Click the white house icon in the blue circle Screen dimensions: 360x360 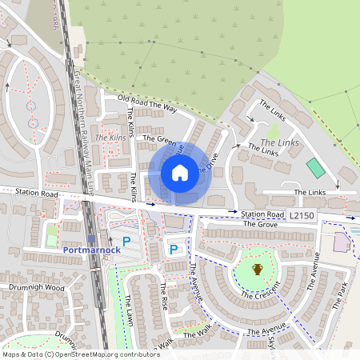tap(180, 172)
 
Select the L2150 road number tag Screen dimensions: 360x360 tap(302, 216)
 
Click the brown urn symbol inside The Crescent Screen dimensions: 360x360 tap(258, 270)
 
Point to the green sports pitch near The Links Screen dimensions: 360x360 tap(316, 168)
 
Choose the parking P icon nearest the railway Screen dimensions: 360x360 tap(126, 241)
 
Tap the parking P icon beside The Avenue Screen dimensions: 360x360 tap(173, 250)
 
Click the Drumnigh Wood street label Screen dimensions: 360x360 tap(32, 287)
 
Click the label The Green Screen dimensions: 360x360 tap(158, 140)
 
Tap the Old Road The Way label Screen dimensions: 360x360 tap(146, 102)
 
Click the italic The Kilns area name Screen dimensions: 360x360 tap(110, 138)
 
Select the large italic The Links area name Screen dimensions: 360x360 tap(280, 142)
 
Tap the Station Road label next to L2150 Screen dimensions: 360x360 tap(262, 215)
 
